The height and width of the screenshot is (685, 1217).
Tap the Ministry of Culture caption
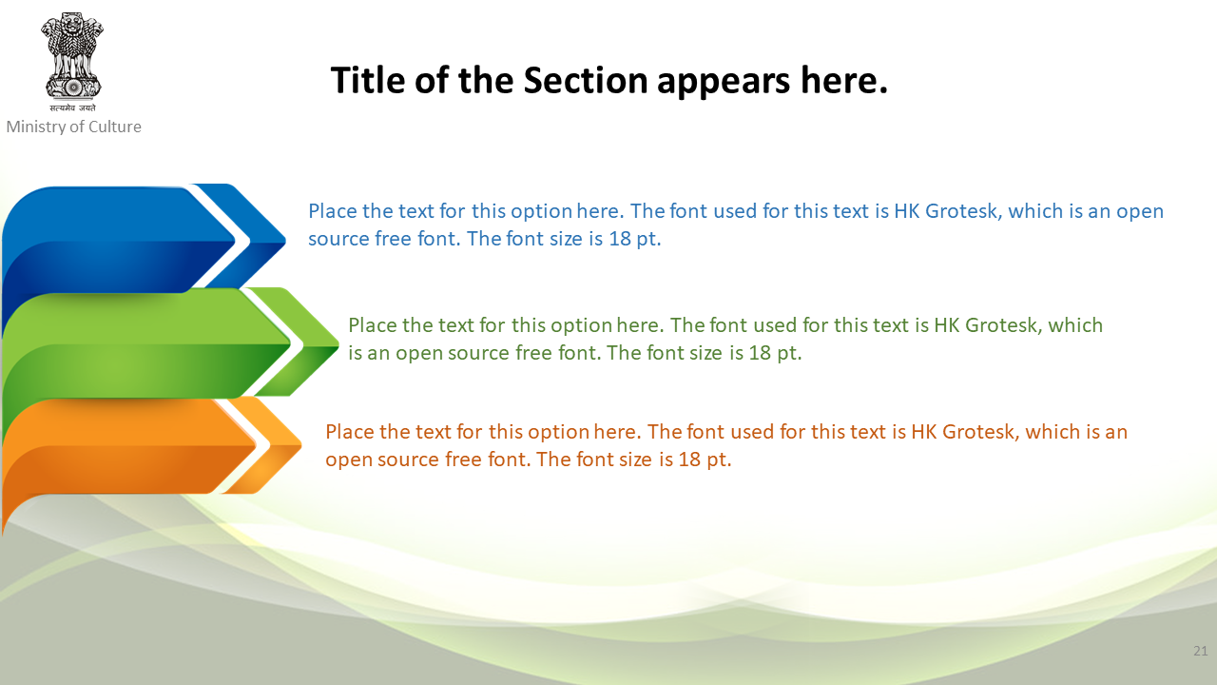point(73,127)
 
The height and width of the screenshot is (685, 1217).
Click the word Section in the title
point(586,81)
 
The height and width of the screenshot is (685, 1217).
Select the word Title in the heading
point(368,81)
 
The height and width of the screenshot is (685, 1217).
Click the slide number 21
point(1200,651)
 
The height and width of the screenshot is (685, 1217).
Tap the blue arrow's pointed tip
point(284,239)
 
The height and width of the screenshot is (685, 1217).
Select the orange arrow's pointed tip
point(300,446)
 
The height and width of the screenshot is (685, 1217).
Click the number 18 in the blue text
point(619,239)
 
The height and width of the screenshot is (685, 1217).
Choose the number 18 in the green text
point(760,353)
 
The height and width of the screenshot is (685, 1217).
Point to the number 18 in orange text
point(689,460)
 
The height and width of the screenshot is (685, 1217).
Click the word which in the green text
point(1075,325)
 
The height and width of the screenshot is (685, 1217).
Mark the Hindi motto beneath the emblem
point(72,108)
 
